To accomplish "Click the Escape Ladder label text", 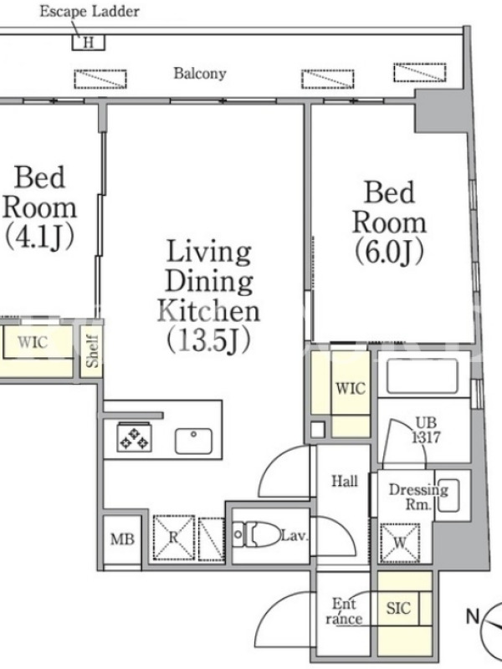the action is tap(90, 11).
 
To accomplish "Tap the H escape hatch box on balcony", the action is tap(89, 43).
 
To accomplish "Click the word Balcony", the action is tap(200, 74).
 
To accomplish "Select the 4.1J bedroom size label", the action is tap(39, 237).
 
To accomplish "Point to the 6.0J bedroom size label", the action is tap(389, 253).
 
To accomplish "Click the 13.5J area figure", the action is tap(208, 341).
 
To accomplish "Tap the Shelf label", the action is tap(92, 351).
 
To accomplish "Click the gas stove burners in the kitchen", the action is tap(134, 437).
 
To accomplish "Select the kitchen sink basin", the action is tap(193, 441).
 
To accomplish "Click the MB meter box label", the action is tap(122, 539).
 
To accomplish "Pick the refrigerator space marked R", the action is tap(173, 538).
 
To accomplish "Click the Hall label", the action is tap(345, 482).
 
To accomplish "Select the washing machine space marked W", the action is tap(400, 543).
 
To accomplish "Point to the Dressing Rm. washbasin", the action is tap(448, 495).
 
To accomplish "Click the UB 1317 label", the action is tap(426, 430).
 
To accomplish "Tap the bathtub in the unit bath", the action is tap(423, 375).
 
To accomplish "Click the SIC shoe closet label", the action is tap(398, 608).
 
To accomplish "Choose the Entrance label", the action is tap(344, 611).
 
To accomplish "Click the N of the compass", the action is tap(473, 616).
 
